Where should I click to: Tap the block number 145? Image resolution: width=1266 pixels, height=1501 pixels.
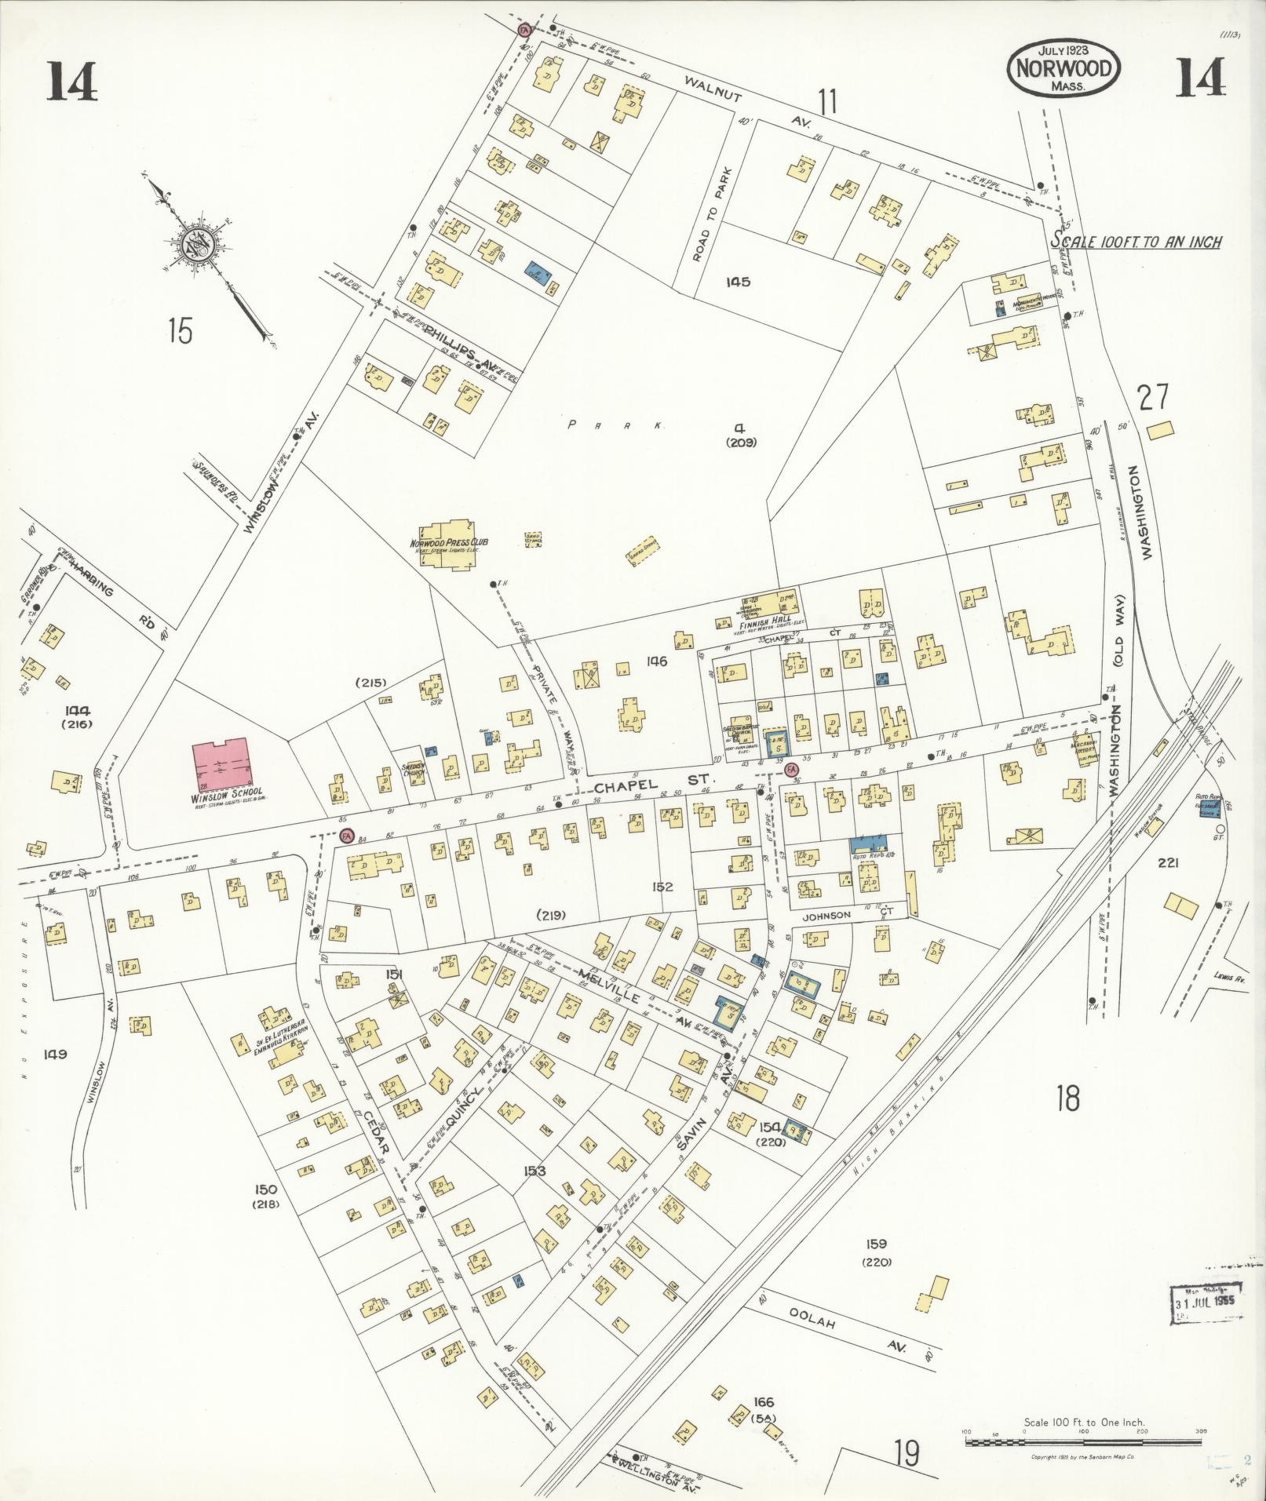click(x=738, y=282)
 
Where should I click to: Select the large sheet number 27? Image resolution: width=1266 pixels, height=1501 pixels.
click(x=1154, y=397)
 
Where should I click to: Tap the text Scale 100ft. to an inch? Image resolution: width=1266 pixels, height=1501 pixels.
click(x=1136, y=242)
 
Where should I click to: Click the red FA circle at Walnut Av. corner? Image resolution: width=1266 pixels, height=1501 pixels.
click(x=524, y=29)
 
